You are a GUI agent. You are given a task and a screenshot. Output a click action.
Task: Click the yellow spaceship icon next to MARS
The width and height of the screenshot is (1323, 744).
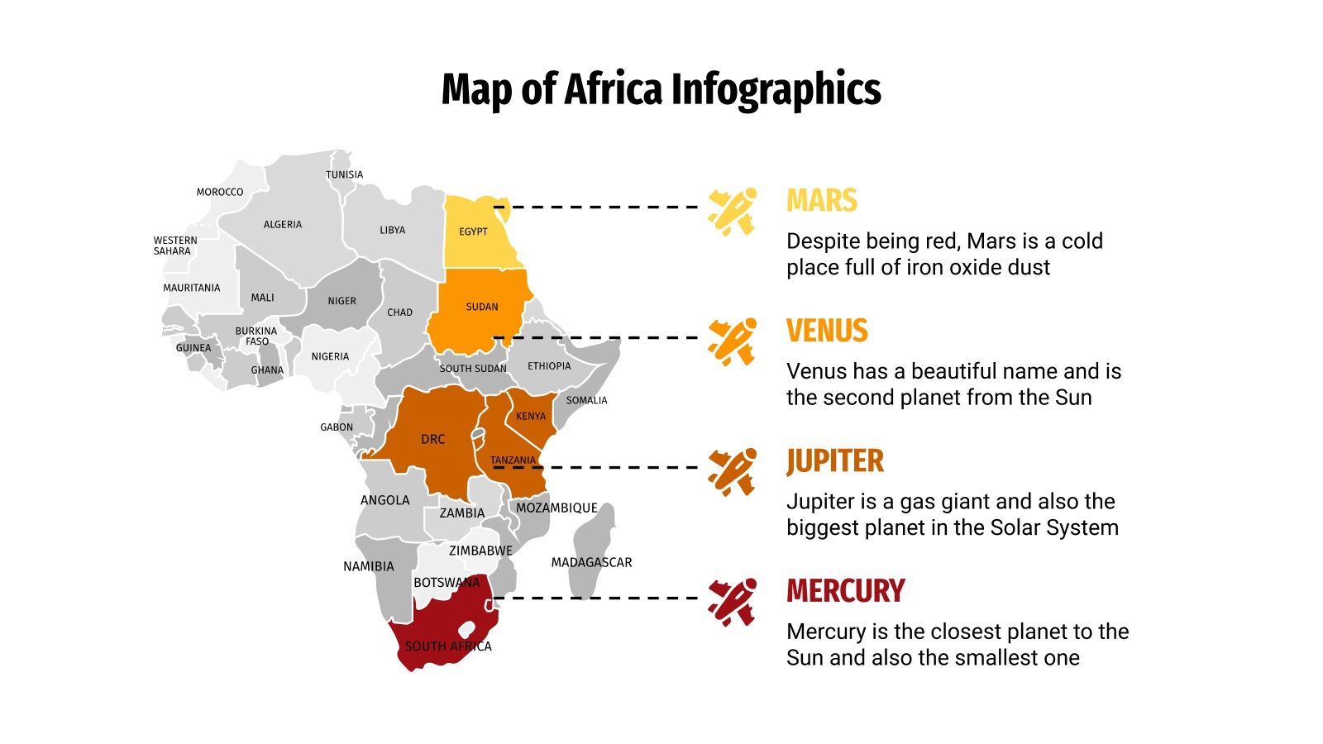732,211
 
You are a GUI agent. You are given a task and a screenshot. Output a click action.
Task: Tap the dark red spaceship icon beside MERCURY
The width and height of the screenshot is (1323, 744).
732,601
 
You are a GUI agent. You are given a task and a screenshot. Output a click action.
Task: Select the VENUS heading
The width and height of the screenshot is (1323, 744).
826,331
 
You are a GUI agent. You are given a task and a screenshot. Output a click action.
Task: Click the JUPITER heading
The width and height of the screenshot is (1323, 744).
834,461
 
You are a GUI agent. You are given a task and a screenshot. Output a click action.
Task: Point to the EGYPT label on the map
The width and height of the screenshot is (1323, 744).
473,231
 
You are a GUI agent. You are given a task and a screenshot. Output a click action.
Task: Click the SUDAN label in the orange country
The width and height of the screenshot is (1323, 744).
481,307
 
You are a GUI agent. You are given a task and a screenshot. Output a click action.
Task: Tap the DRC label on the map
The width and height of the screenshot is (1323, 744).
432,439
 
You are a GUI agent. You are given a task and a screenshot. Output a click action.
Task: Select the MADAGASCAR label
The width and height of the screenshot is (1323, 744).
591,562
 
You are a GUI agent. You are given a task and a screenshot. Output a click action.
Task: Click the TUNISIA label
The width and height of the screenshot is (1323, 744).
344,174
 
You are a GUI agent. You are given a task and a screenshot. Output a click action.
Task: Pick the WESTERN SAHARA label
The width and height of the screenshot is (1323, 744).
174,246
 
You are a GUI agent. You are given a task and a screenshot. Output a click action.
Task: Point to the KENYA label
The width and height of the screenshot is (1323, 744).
530,416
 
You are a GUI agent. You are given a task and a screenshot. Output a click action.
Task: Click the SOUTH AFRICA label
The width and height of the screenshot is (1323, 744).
447,646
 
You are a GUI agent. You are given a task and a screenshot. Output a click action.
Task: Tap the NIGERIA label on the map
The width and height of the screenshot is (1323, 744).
330,356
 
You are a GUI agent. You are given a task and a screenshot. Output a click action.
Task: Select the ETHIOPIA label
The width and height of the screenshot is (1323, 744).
549,365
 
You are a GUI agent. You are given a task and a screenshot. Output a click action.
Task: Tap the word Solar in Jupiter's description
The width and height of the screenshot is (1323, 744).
1019,527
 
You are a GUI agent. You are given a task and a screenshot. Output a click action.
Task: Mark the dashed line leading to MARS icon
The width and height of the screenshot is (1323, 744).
595,207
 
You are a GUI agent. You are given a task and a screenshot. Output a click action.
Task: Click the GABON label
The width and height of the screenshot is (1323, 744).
337,427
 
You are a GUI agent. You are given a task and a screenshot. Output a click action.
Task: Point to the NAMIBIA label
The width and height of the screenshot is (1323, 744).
368,566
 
